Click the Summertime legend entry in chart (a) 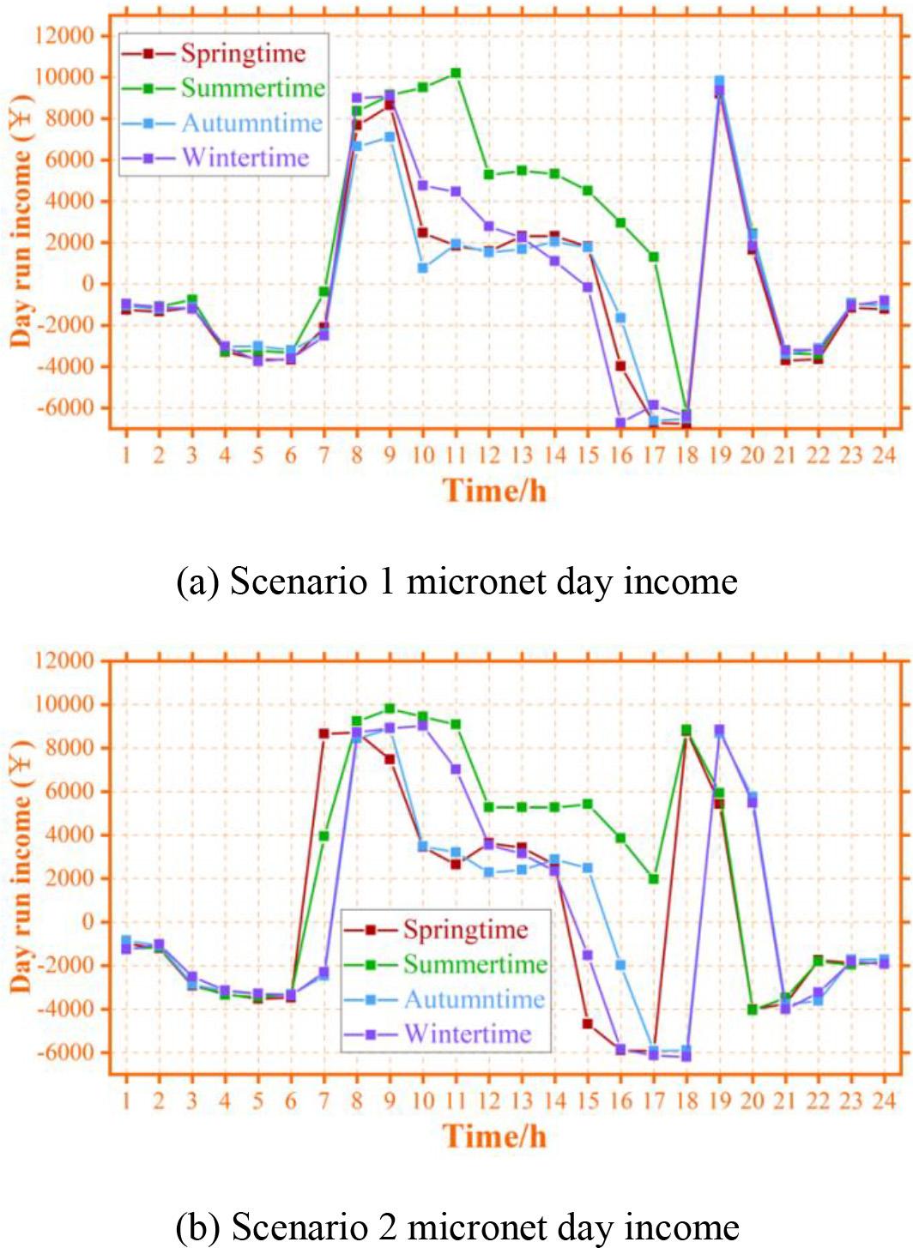tap(252, 88)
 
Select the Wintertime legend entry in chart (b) tap(468, 1034)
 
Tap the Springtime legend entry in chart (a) tap(243, 53)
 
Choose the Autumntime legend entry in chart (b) tap(474, 999)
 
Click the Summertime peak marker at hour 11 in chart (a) tap(456, 74)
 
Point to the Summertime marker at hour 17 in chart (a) tap(654, 256)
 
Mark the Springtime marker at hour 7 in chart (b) tap(323, 733)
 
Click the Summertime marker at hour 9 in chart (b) tap(390, 708)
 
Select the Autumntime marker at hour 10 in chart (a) tap(422, 268)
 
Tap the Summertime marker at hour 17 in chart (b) tap(654, 878)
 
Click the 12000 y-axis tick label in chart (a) tap(64, 36)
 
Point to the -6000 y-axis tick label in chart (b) tap(64, 1052)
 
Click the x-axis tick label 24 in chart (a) tap(883, 455)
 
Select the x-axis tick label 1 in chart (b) tap(126, 1100)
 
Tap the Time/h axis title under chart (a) tap(494, 491)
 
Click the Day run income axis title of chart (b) tap(21, 866)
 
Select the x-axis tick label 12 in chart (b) tap(488, 1100)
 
